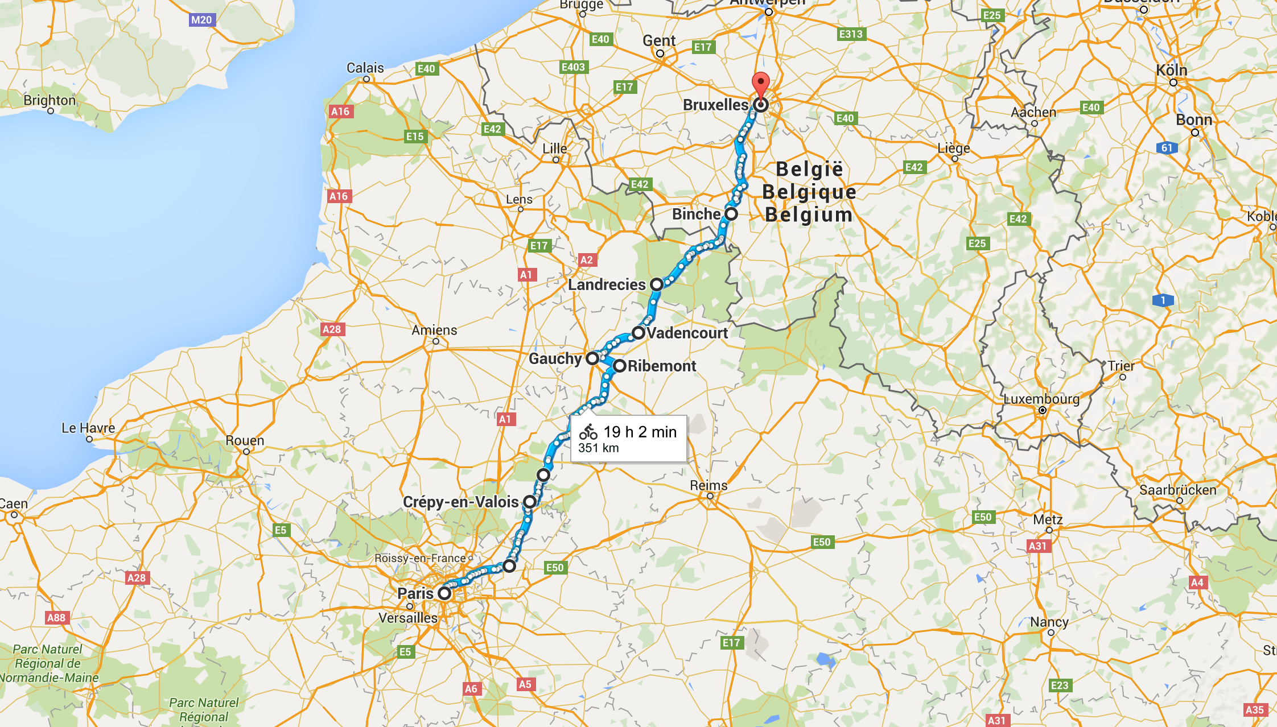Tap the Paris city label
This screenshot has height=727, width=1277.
[415, 593]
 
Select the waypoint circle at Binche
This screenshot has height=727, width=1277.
[731, 214]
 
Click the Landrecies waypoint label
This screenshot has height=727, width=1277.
[607, 284]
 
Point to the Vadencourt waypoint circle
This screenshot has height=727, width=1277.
[638, 333]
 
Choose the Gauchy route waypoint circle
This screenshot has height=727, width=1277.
[592, 358]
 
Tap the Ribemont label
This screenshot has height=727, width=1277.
[662, 366]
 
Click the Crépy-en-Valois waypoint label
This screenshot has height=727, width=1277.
[460, 502]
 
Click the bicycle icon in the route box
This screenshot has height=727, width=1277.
[588, 432]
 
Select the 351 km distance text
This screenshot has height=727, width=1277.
[598, 448]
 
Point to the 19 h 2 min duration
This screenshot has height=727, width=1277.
[640, 432]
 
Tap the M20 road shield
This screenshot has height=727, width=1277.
[201, 20]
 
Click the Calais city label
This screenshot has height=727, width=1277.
[365, 68]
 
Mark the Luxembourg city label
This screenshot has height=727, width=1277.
[1041, 399]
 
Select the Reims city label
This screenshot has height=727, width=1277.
[708, 485]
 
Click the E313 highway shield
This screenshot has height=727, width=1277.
[851, 34]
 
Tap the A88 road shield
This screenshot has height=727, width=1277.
[56, 618]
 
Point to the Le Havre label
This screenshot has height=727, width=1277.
[88, 428]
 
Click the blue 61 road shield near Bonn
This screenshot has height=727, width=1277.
[1167, 148]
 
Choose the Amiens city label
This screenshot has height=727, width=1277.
[434, 330]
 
